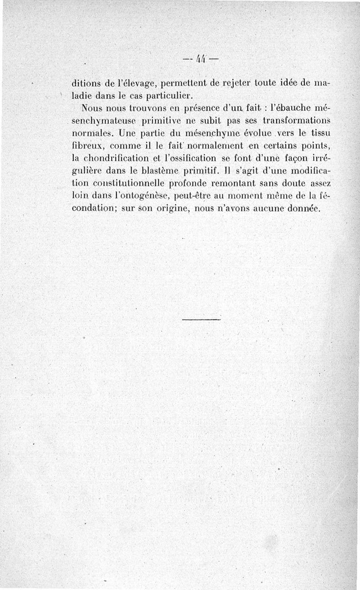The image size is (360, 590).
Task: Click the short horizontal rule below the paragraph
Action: pyautogui.click(x=202, y=319)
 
